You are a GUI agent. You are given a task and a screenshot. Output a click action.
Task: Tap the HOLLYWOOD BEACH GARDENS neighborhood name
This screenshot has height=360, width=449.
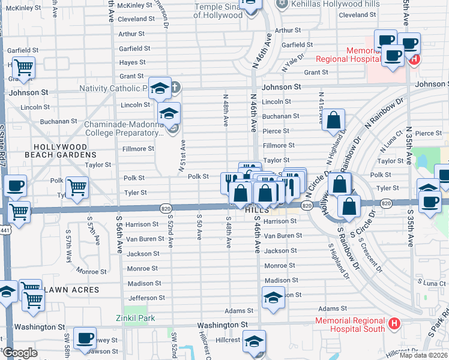click(x=60, y=151)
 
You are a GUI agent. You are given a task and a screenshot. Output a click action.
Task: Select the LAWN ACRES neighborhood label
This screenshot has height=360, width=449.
click(x=72, y=290)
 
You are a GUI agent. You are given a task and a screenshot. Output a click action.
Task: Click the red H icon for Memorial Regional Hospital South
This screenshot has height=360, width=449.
click(x=394, y=324)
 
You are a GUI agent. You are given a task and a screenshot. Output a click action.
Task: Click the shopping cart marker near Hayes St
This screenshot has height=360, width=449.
click(x=23, y=68)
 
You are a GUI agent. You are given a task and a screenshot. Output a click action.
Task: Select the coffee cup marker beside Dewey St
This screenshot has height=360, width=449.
click(x=86, y=338)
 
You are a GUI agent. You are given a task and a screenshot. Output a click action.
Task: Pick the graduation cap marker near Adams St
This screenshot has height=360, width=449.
click(x=273, y=298)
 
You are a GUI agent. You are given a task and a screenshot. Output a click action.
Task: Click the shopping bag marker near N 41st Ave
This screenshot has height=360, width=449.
click(x=334, y=119)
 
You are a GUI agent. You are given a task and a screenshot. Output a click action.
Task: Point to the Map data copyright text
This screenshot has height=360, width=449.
click(x=423, y=355)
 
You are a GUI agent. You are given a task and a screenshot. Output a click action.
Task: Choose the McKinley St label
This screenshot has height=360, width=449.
click(x=135, y=5)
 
